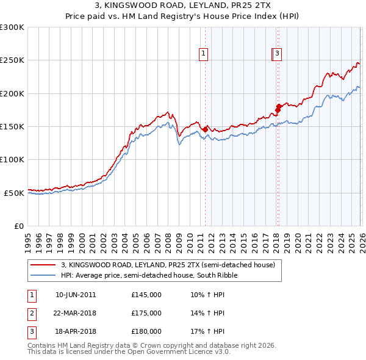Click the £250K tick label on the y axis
[12, 60]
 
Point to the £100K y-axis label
[12, 159]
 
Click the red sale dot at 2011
[206, 129]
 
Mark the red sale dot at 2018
[279, 107]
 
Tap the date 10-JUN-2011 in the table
[76, 295]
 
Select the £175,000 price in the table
[146, 313]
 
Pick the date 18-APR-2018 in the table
[76, 331]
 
